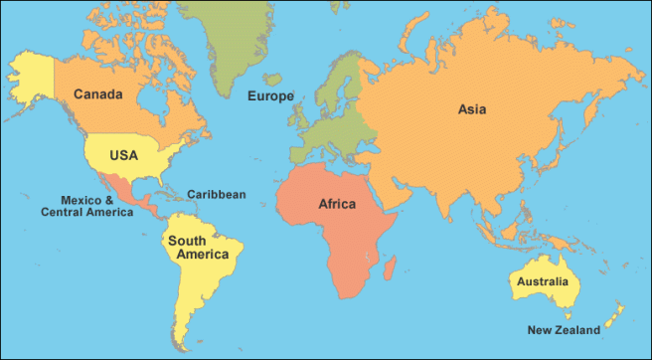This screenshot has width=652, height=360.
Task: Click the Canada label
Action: point(97,94)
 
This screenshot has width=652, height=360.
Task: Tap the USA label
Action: point(123,155)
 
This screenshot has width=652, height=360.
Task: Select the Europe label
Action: point(269,96)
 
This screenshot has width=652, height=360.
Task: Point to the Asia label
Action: point(472,109)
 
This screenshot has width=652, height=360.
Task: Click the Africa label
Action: point(337,204)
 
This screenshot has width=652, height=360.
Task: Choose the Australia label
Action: point(542,282)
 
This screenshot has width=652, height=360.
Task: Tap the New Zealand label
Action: point(564,330)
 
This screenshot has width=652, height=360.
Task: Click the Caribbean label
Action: point(216,194)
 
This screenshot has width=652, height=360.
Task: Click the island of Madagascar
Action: point(390,266)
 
